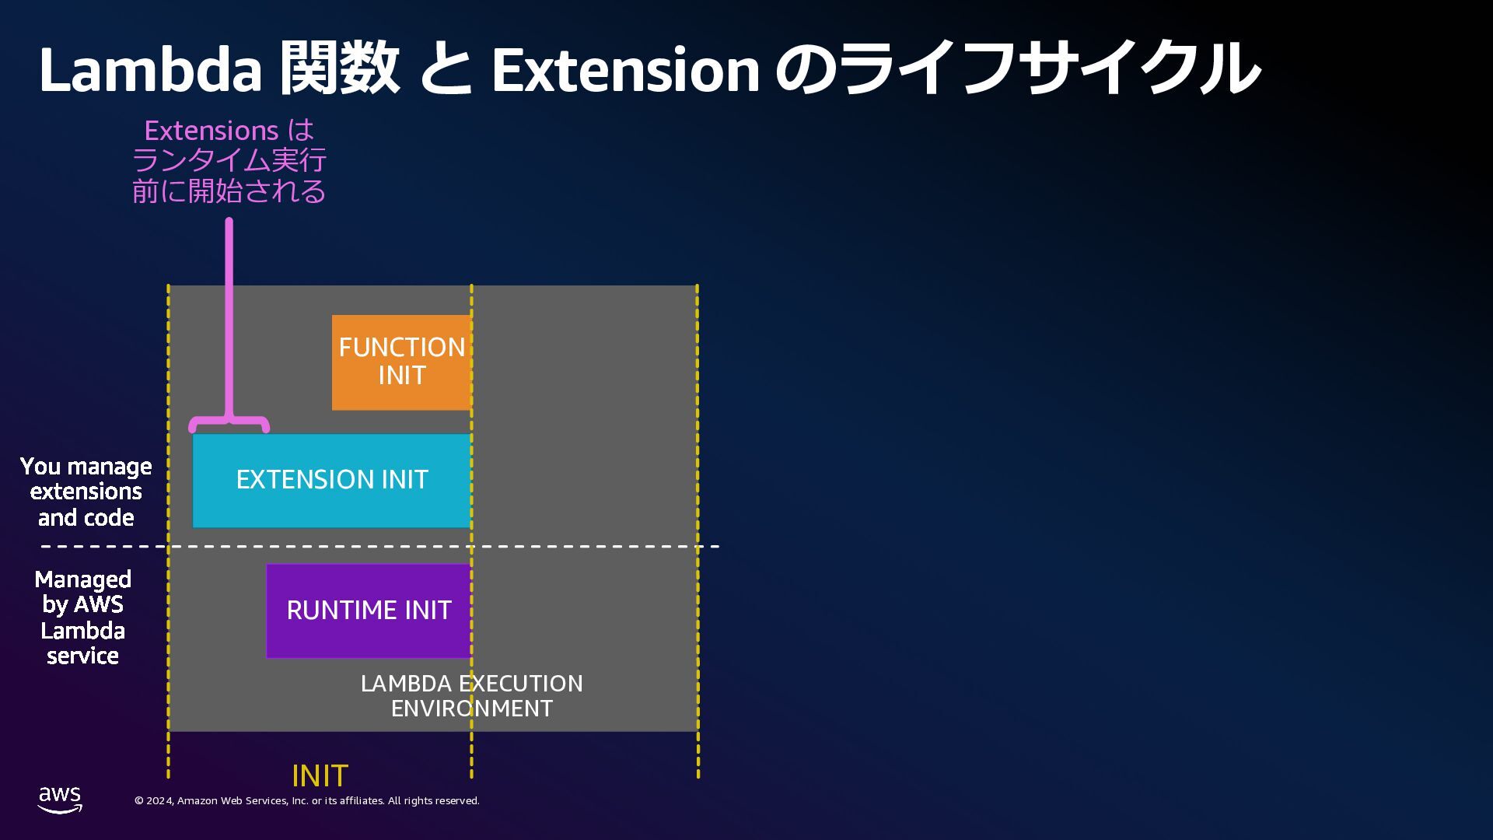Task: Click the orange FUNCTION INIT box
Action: [x=401, y=362]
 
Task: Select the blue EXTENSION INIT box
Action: [x=332, y=481]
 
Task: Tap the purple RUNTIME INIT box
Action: [x=369, y=611]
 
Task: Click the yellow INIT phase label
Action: [x=320, y=776]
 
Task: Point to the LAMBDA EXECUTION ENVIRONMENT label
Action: [x=471, y=695]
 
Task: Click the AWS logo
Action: [x=60, y=800]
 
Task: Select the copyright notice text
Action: [x=307, y=801]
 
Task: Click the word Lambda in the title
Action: [x=150, y=70]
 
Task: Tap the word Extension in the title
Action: [x=625, y=70]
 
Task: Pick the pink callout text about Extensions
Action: [x=229, y=160]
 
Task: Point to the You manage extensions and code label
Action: [x=86, y=492]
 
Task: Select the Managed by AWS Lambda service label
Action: [x=83, y=618]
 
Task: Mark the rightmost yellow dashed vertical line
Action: [x=698, y=529]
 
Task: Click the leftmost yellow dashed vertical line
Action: [x=168, y=529]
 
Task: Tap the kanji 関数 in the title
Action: [x=339, y=70]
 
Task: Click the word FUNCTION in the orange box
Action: [x=401, y=347]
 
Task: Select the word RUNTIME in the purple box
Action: [x=331, y=611]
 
